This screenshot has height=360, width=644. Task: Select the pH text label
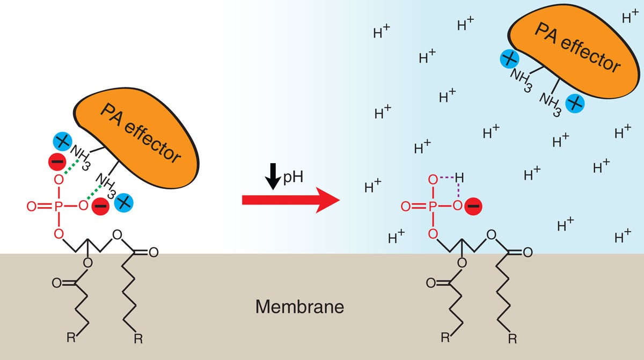(294, 175)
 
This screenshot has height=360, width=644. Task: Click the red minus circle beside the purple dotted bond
(472, 205)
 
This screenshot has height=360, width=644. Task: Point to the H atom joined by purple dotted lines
(458, 178)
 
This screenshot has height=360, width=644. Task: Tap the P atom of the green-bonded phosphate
(59, 204)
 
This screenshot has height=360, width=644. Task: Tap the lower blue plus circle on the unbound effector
(574, 102)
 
